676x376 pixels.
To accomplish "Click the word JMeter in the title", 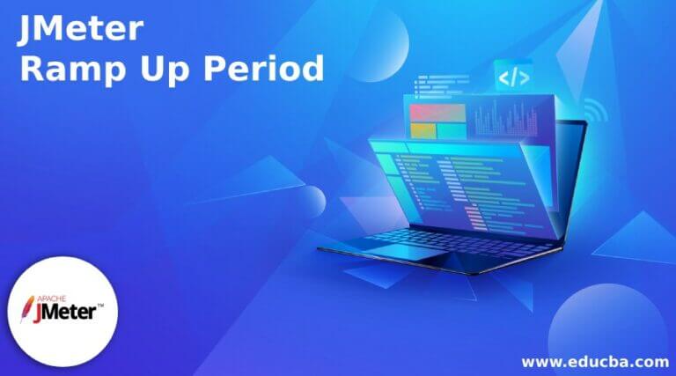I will [x=80, y=30].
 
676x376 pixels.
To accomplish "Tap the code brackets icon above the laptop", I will [x=513, y=77].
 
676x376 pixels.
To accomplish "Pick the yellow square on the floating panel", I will [x=423, y=131].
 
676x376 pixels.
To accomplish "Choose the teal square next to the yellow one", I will [x=451, y=131].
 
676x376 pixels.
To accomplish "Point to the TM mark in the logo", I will [x=99, y=306].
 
